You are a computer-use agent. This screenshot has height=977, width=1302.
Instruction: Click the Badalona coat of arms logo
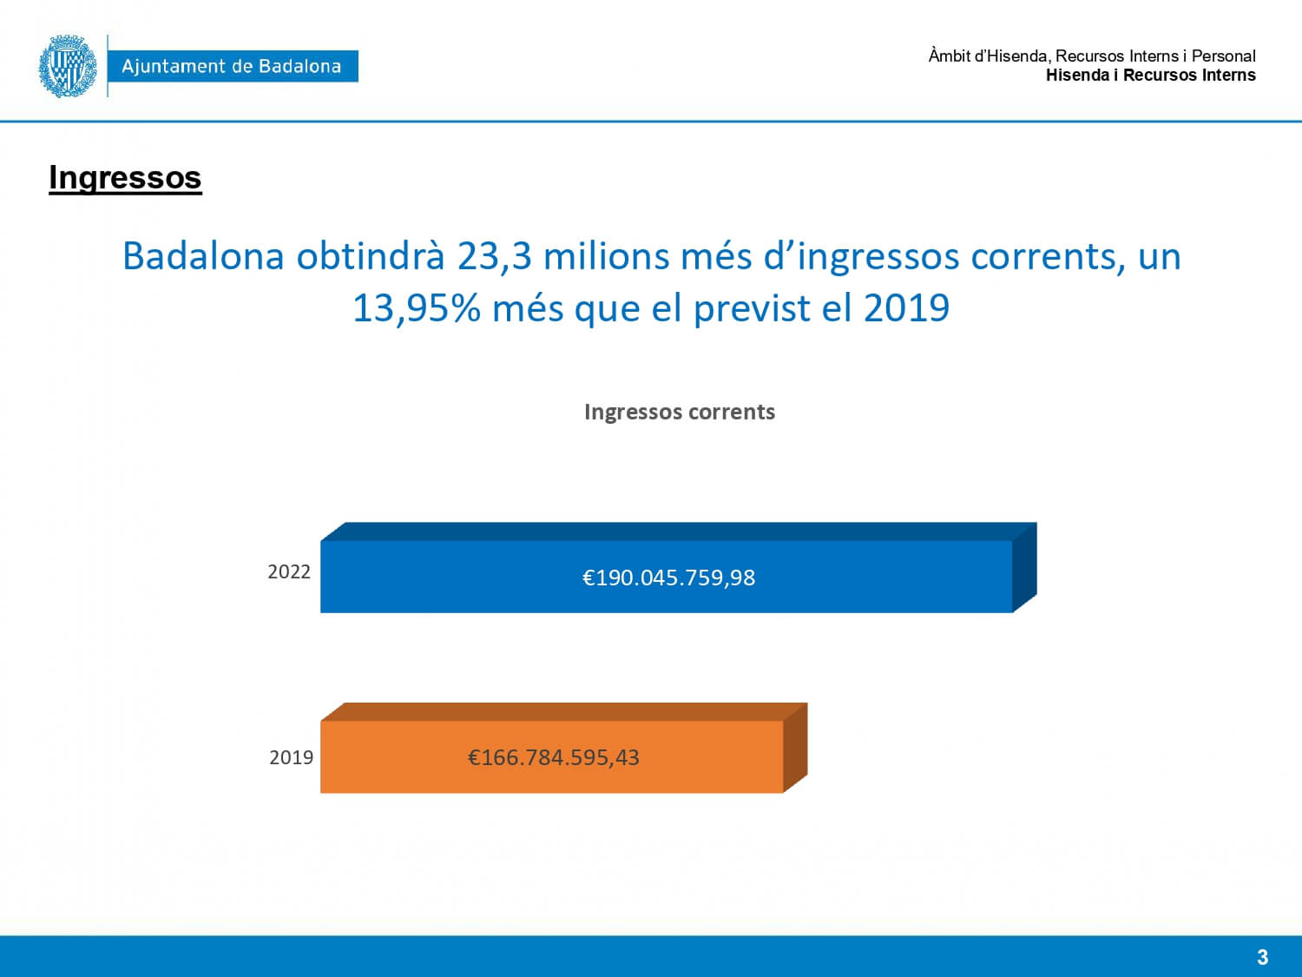(x=68, y=66)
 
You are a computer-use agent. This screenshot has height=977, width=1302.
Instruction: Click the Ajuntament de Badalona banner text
(x=232, y=66)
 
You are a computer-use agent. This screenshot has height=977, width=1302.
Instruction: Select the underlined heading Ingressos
(x=125, y=177)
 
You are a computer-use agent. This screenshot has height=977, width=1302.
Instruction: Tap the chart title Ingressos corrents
(x=679, y=412)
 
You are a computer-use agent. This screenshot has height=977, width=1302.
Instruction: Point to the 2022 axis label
(x=289, y=571)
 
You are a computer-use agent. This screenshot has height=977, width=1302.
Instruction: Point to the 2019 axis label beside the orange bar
(x=292, y=757)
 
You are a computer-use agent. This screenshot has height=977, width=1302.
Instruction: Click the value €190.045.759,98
(x=668, y=578)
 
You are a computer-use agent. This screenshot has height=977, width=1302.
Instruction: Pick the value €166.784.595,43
(x=554, y=757)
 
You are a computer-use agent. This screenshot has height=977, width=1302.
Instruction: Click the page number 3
(x=1262, y=957)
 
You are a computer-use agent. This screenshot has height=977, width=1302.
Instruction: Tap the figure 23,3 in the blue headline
(x=494, y=257)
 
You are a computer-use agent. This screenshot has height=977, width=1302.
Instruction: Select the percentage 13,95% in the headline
(x=417, y=308)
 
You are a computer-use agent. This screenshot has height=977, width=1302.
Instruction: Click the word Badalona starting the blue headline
(x=203, y=255)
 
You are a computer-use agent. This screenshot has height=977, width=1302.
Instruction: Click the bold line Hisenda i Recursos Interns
(x=1151, y=76)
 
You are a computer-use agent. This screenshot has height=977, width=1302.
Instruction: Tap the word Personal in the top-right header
(x=1224, y=56)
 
